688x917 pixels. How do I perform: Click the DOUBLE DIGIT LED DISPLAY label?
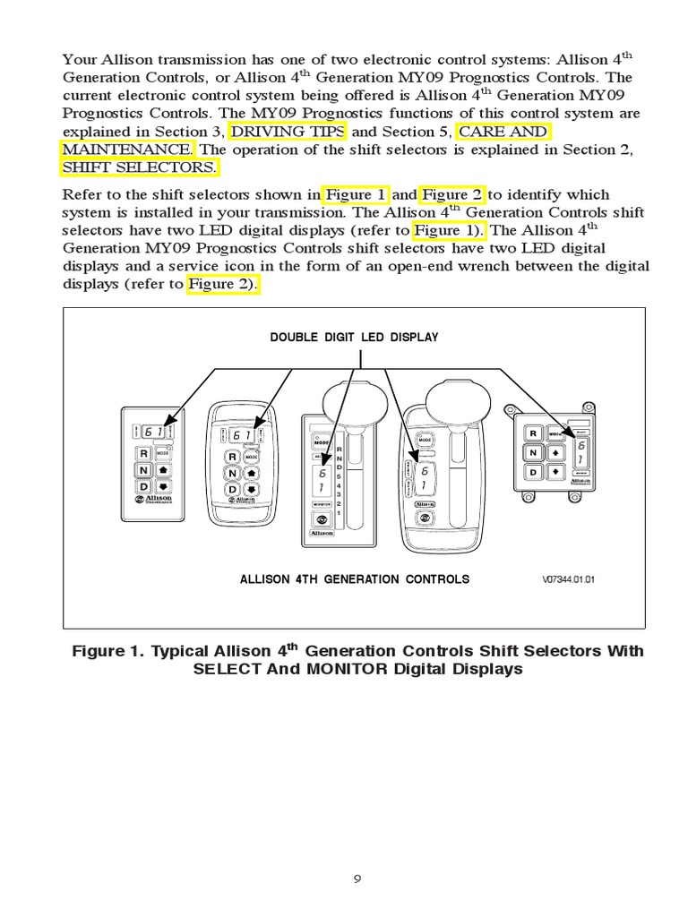coord(354,338)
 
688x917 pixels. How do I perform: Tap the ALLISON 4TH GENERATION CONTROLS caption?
coord(354,579)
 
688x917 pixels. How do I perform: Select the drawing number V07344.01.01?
coord(568,579)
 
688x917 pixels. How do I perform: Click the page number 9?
coord(357,878)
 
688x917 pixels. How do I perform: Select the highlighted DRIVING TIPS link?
coord(288,133)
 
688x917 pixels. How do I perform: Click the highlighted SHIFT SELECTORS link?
coord(139,167)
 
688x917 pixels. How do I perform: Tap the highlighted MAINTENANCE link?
coord(126,150)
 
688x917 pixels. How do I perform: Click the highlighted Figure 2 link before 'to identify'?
coord(452,194)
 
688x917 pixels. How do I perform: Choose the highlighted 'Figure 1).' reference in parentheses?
coord(449,230)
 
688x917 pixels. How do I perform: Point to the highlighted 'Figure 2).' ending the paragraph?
coord(223,284)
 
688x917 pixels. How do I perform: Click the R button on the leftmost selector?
coord(142,454)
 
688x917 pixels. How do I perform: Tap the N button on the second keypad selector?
coord(231,474)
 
